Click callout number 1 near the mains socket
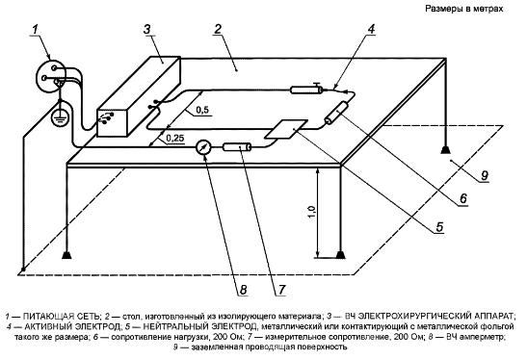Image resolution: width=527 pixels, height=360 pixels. [36, 29]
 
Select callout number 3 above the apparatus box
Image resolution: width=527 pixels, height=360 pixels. [147, 29]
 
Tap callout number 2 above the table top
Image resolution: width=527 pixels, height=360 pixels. [218, 29]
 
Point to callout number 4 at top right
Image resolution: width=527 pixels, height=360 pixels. [370, 29]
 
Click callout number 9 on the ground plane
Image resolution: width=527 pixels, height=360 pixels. [485, 175]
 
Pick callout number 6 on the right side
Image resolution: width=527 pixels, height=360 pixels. [463, 198]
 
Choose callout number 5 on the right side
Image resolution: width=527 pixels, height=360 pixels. [440, 227]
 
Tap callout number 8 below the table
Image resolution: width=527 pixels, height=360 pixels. [244, 290]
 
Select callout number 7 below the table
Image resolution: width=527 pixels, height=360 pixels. [281, 290]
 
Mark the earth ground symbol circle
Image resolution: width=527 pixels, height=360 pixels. [61, 117]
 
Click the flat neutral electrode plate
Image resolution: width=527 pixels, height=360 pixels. [286, 129]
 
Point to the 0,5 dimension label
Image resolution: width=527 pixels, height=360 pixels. [201, 110]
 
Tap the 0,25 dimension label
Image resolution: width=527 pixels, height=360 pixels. [175, 138]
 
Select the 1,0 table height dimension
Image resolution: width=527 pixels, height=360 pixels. [312, 212]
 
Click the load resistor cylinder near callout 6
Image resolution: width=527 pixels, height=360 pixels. [336, 113]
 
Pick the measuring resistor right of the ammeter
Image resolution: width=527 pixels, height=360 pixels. [237, 147]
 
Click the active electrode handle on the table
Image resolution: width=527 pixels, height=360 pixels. [306, 90]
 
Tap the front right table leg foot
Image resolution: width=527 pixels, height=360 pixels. [340, 255]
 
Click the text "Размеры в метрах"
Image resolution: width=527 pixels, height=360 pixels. [464, 9]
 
